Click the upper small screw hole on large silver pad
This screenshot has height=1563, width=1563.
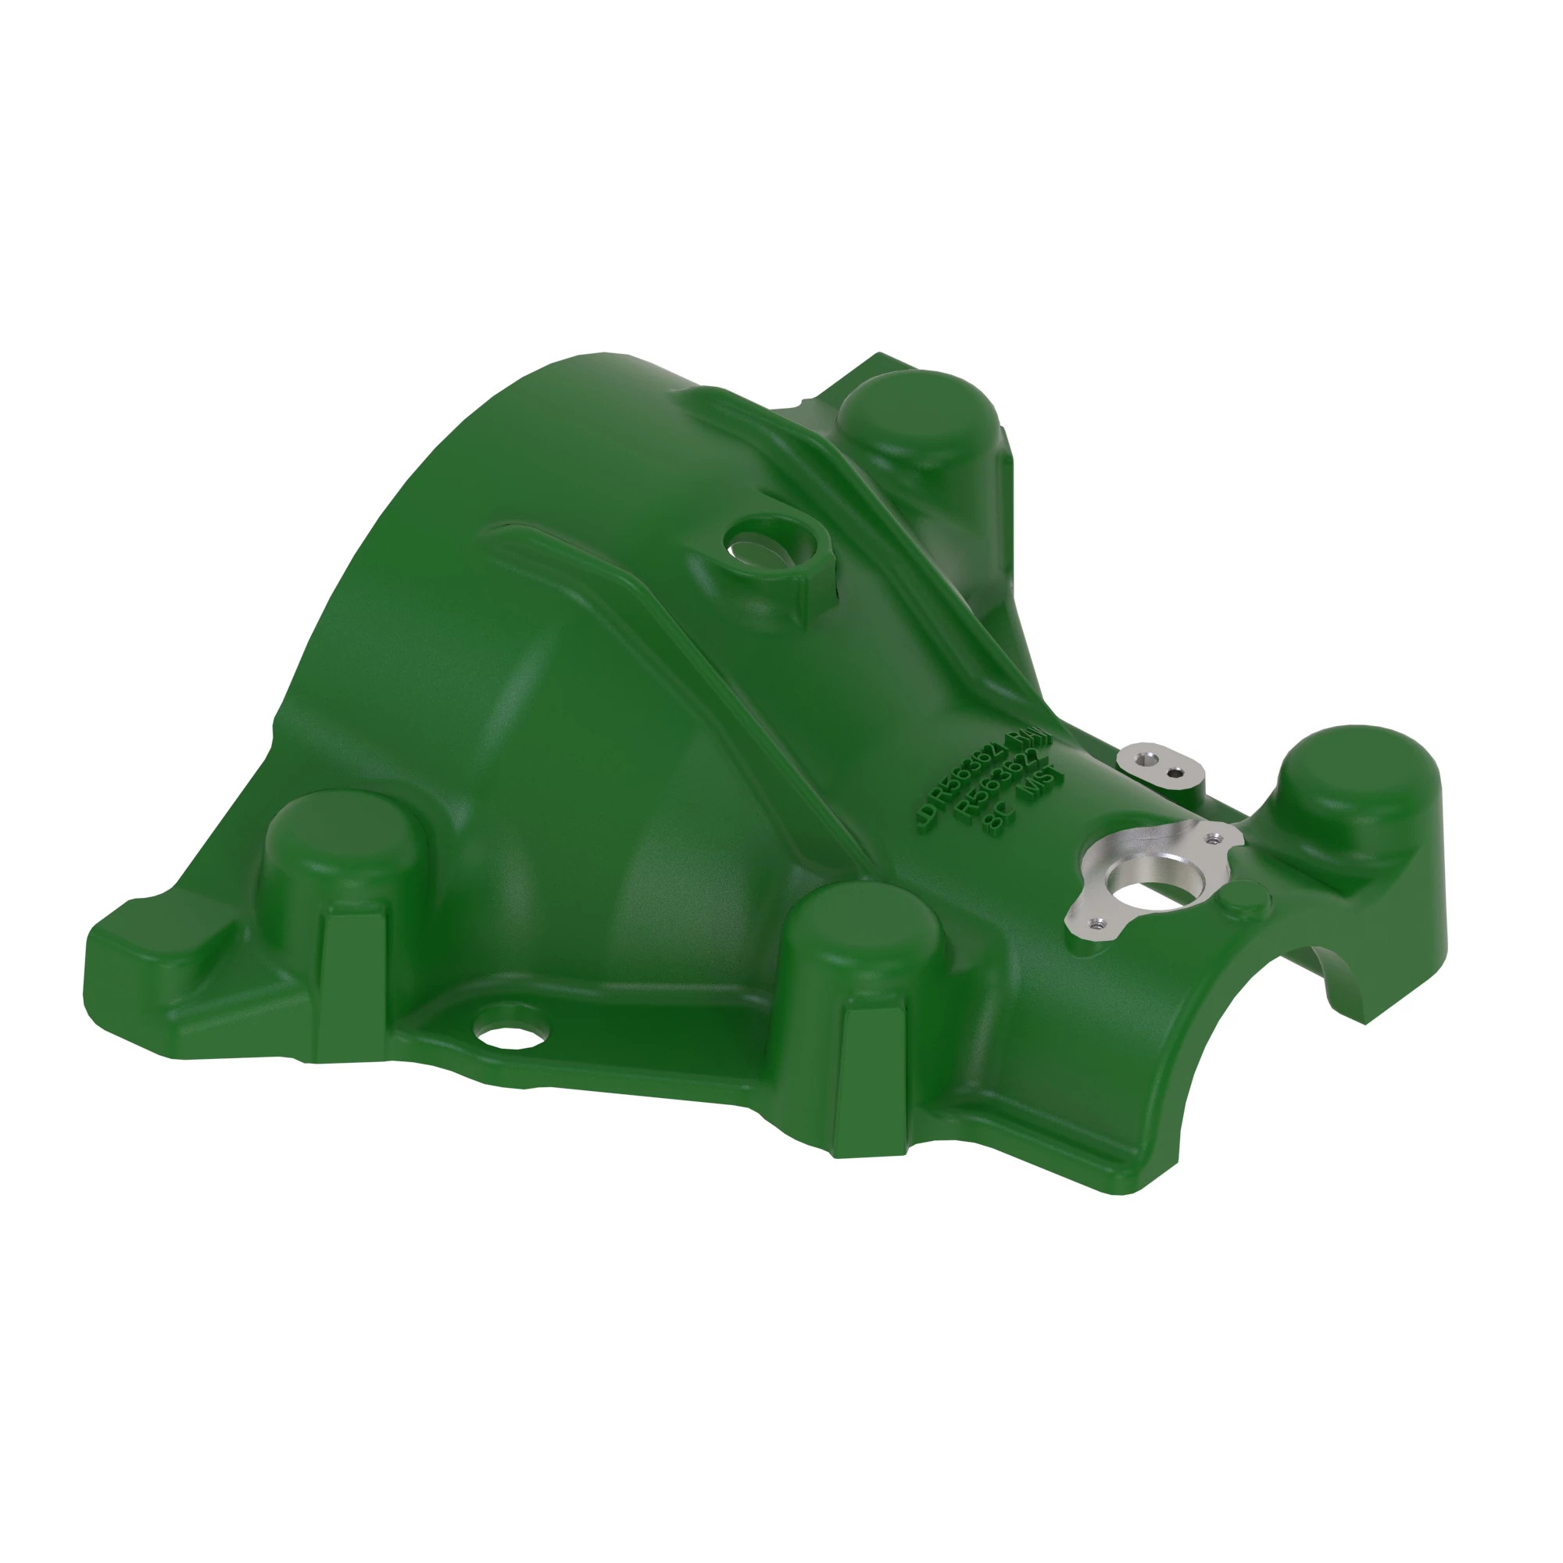pyautogui.click(x=1212, y=837)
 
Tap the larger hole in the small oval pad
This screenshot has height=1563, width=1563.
pyautogui.click(x=1143, y=758)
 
